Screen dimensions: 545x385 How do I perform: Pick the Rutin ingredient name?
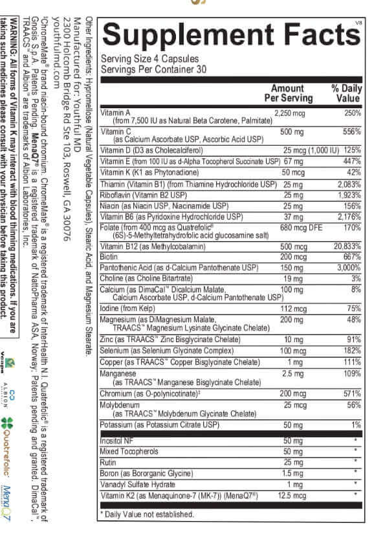108,462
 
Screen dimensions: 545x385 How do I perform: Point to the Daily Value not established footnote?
148,514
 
